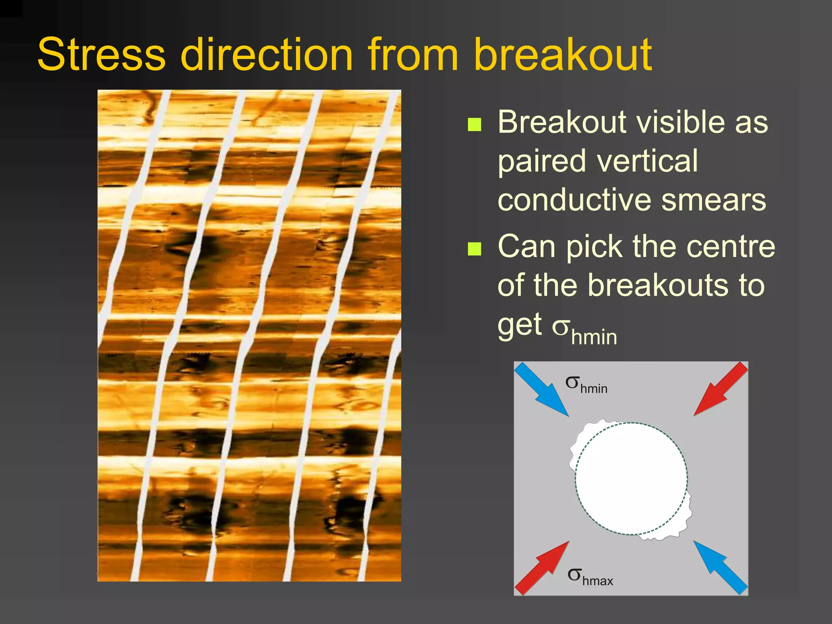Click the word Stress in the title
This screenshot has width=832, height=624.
(x=102, y=55)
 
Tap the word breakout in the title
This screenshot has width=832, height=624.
(x=563, y=55)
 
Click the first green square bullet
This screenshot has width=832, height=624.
(x=474, y=125)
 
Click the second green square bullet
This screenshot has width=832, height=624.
(x=474, y=249)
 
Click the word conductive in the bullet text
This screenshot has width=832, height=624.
(x=575, y=200)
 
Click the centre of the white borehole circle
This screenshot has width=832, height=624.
(x=631, y=479)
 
